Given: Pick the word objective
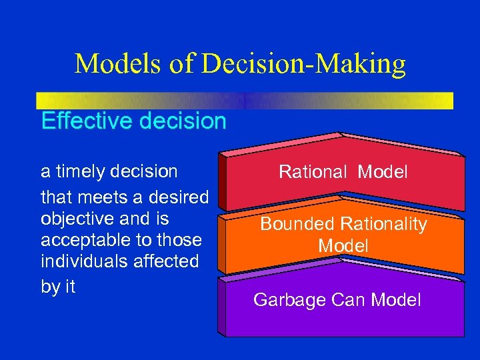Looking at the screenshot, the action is click(76, 219).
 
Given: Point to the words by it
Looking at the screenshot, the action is click(58, 286).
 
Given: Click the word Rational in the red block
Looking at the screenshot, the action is click(313, 172).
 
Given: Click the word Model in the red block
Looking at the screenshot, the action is click(382, 172).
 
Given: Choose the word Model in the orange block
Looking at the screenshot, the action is click(343, 246).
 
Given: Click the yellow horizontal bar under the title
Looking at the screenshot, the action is click(245, 100).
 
